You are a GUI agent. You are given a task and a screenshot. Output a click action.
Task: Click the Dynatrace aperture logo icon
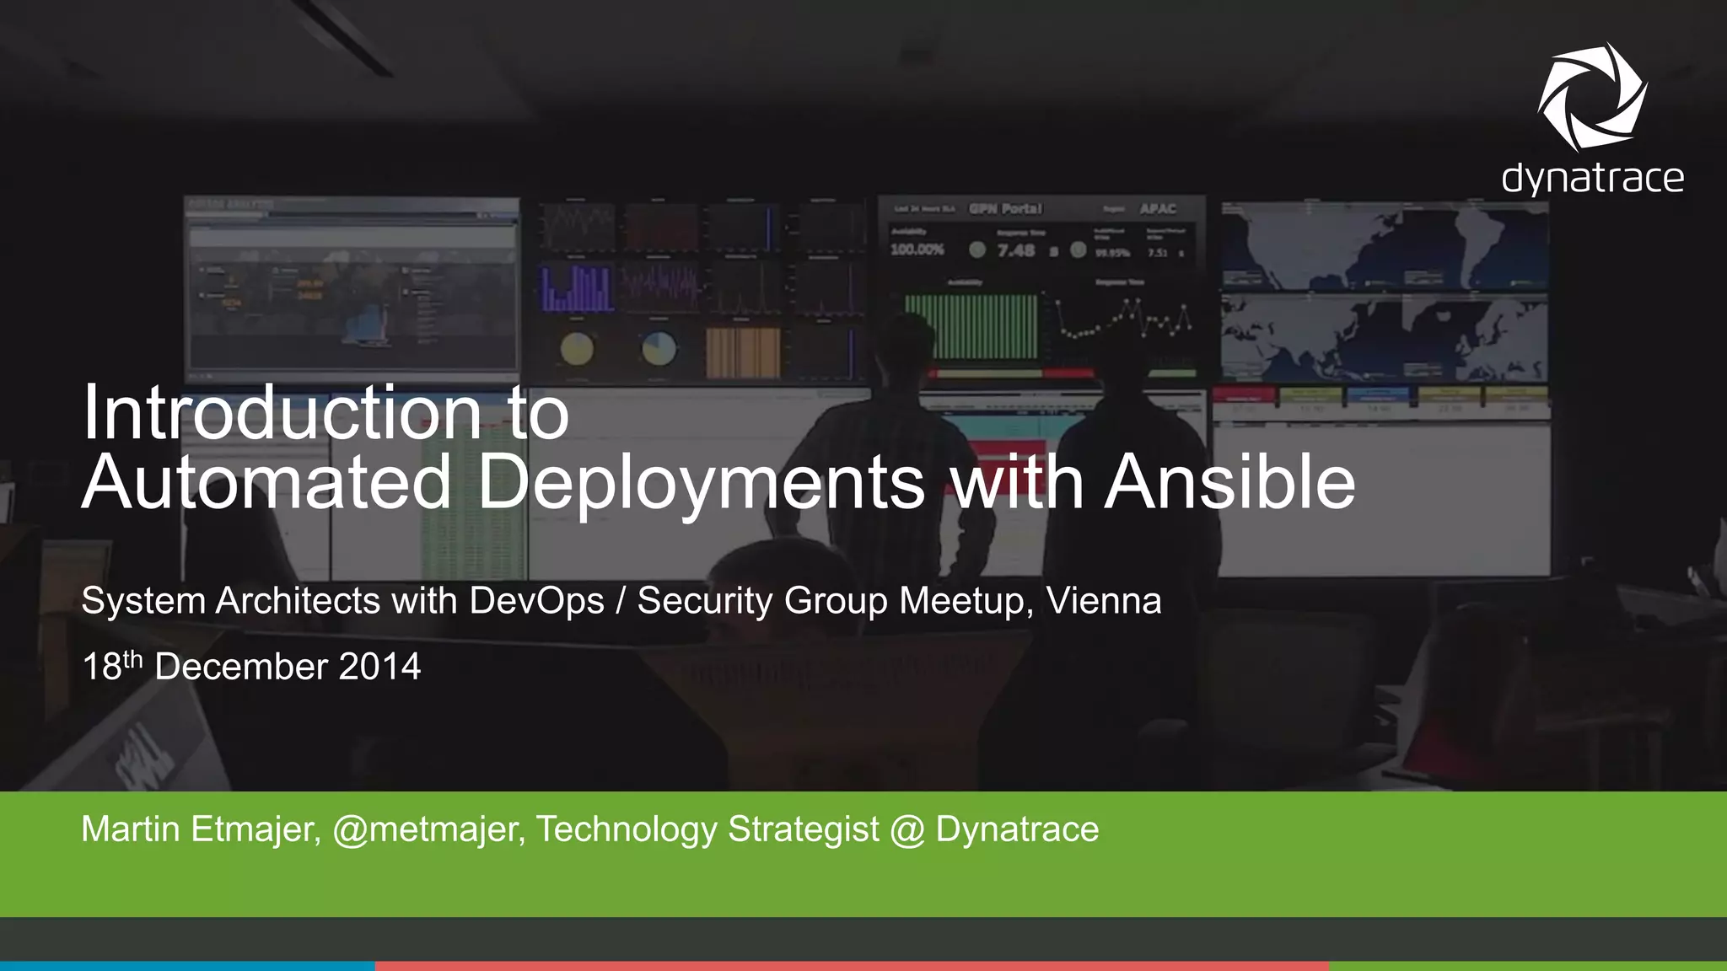coord(1591,96)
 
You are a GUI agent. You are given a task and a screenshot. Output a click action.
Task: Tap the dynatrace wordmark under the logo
coord(1592,180)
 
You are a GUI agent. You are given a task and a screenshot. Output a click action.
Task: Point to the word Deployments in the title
coord(701,484)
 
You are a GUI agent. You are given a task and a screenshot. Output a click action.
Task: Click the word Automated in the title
coord(266,482)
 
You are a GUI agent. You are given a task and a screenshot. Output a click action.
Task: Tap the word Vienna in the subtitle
coord(1103,601)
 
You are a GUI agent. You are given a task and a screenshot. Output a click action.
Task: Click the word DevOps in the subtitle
coord(536,601)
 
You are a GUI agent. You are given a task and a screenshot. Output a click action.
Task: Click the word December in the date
coord(241,667)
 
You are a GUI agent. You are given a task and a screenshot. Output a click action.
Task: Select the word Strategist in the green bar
coord(803,829)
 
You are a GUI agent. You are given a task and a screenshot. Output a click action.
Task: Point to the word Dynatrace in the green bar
coord(1017,829)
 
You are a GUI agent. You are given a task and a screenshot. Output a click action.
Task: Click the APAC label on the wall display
coord(1158,208)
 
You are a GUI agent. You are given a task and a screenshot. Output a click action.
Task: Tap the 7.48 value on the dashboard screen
coord(1015,250)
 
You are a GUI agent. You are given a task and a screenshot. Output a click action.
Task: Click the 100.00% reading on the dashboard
coord(917,249)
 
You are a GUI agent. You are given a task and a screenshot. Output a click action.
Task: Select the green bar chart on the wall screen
coord(971,327)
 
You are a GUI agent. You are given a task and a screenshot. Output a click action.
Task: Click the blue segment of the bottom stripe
coord(187,966)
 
